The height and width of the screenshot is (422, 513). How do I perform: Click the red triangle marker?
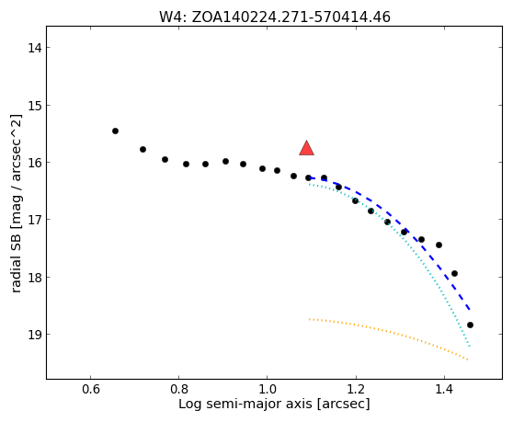click(x=306, y=149)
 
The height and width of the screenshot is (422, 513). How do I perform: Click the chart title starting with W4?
click(x=275, y=17)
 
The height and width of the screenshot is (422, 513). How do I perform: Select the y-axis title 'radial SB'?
click(x=16, y=203)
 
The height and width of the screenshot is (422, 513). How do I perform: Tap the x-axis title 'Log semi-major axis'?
click(x=274, y=404)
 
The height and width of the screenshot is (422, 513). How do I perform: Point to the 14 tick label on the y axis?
click(x=34, y=48)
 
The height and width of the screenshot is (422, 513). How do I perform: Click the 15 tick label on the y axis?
click(x=34, y=106)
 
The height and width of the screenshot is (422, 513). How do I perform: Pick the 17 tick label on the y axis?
click(x=34, y=220)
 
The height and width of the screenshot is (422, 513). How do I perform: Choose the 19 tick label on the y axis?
click(x=34, y=335)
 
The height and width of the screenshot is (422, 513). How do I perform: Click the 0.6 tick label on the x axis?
click(x=91, y=390)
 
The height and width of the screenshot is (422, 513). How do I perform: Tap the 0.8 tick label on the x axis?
click(x=179, y=390)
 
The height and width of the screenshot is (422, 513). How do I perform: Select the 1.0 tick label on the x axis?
click(x=268, y=390)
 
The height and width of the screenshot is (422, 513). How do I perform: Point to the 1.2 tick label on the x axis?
click(x=356, y=390)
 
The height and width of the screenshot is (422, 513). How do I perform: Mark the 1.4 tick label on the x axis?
click(x=444, y=390)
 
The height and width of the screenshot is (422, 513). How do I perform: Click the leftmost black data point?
click(x=115, y=131)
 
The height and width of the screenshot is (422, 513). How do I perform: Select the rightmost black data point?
click(x=470, y=325)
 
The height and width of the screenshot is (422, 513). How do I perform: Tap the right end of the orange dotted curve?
click(x=468, y=359)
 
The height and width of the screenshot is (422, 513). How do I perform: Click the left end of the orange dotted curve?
click(x=309, y=319)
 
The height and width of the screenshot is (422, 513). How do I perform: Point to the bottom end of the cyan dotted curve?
click(x=470, y=346)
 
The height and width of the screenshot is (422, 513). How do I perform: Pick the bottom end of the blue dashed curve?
click(x=470, y=309)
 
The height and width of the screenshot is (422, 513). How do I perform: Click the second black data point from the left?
click(x=143, y=149)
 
